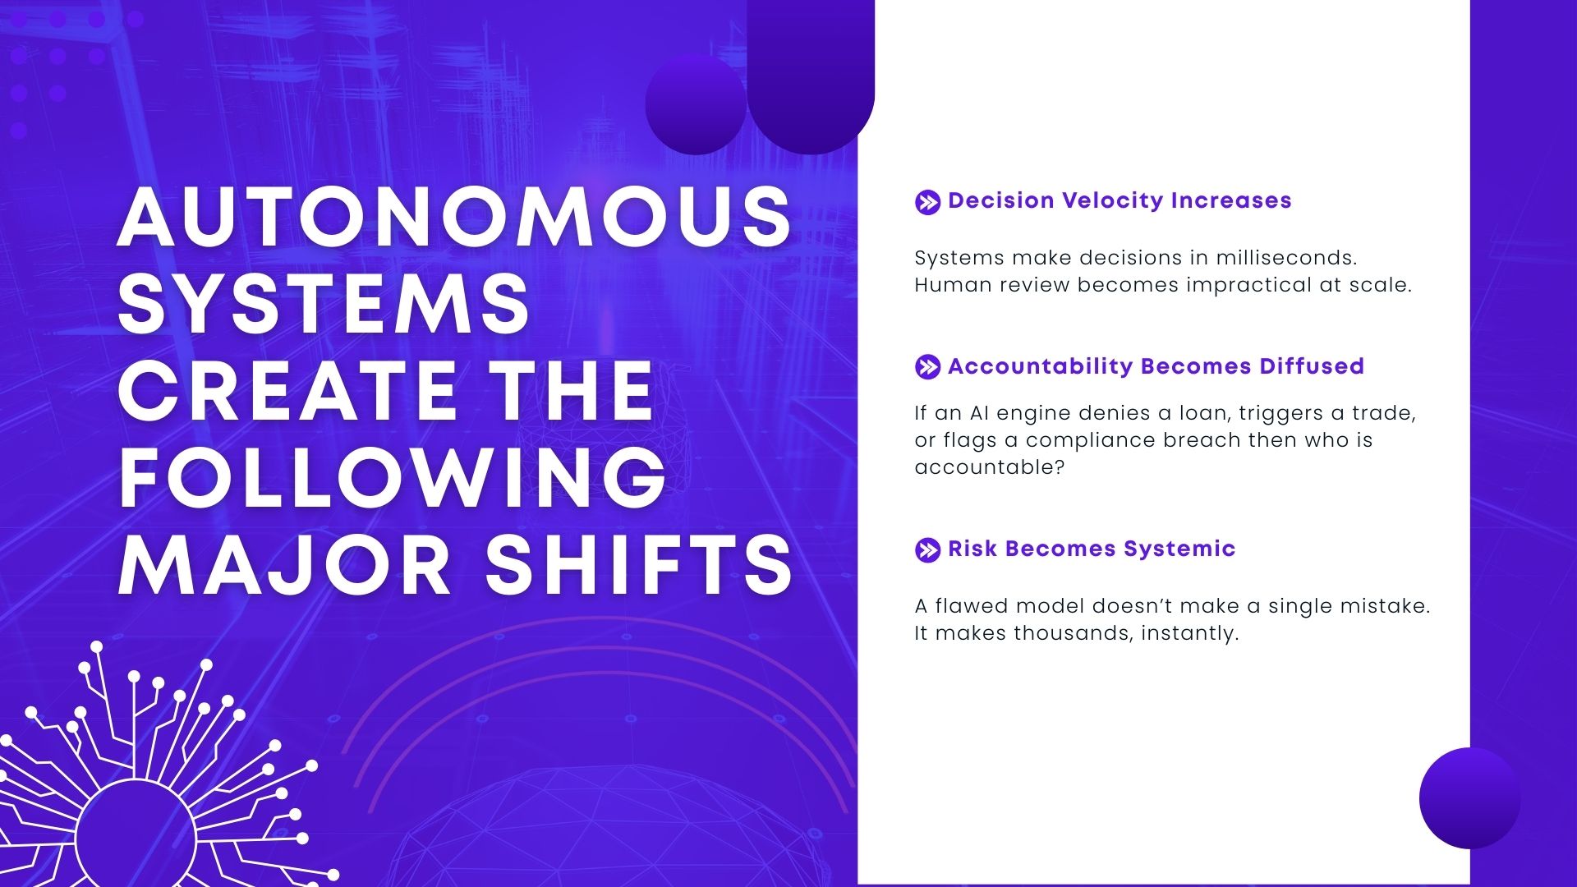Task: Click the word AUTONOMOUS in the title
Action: (455, 216)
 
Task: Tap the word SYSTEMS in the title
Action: (324, 303)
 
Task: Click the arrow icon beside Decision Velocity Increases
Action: (927, 202)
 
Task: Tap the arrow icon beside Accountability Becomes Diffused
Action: (927, 367)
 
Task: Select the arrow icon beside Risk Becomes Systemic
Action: (927, 549)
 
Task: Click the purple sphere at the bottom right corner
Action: (1469, 798)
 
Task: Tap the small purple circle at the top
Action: (696, 104)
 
